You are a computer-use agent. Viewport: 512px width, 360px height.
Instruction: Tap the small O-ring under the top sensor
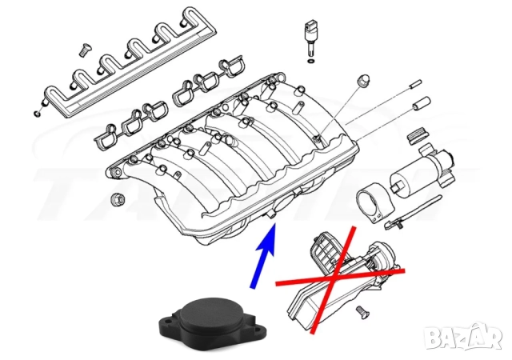click(310, 60)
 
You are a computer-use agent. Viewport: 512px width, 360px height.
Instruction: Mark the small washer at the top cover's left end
click(37, 110)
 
